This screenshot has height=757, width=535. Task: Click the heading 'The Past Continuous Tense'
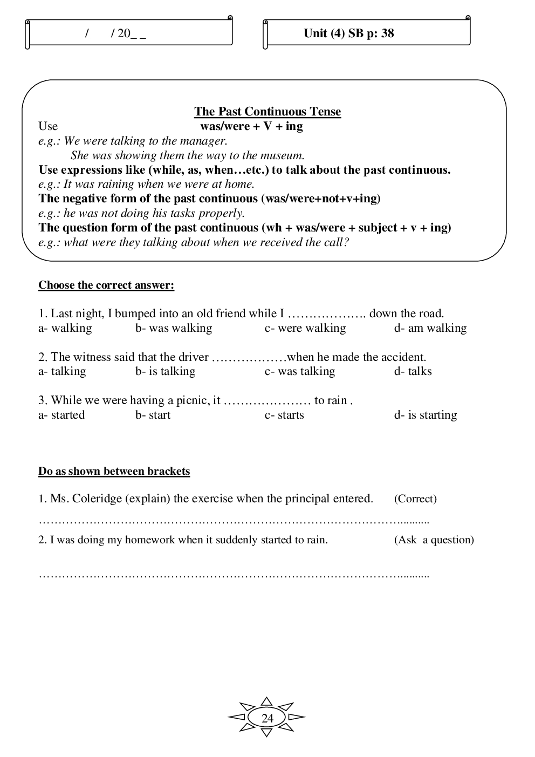click(267, 112)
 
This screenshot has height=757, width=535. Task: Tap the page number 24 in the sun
click(267, 718)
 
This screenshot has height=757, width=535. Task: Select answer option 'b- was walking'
click(174, 328)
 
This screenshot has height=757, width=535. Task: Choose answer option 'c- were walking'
click(305, 328)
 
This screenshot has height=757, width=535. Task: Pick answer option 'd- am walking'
click(430, 328)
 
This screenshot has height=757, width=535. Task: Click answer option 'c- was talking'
click(300, 371)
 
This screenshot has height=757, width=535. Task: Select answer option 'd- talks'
click(413, 371)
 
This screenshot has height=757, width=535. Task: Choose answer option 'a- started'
click(61, 415)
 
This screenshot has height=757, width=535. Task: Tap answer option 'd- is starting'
click(426, 415)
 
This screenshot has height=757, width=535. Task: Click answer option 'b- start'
click(153, 415)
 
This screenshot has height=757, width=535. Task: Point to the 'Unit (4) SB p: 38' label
click(349, 33)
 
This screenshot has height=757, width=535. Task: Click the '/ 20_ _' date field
click(116, 33)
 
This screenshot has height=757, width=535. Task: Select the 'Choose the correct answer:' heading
click(106, 285)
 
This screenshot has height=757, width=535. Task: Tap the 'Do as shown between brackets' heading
click(114, 472)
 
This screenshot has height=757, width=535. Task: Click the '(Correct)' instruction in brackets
click(415, 499)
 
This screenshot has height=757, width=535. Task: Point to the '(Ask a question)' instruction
click(434, 540)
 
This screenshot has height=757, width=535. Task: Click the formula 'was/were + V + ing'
click(251, 126)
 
